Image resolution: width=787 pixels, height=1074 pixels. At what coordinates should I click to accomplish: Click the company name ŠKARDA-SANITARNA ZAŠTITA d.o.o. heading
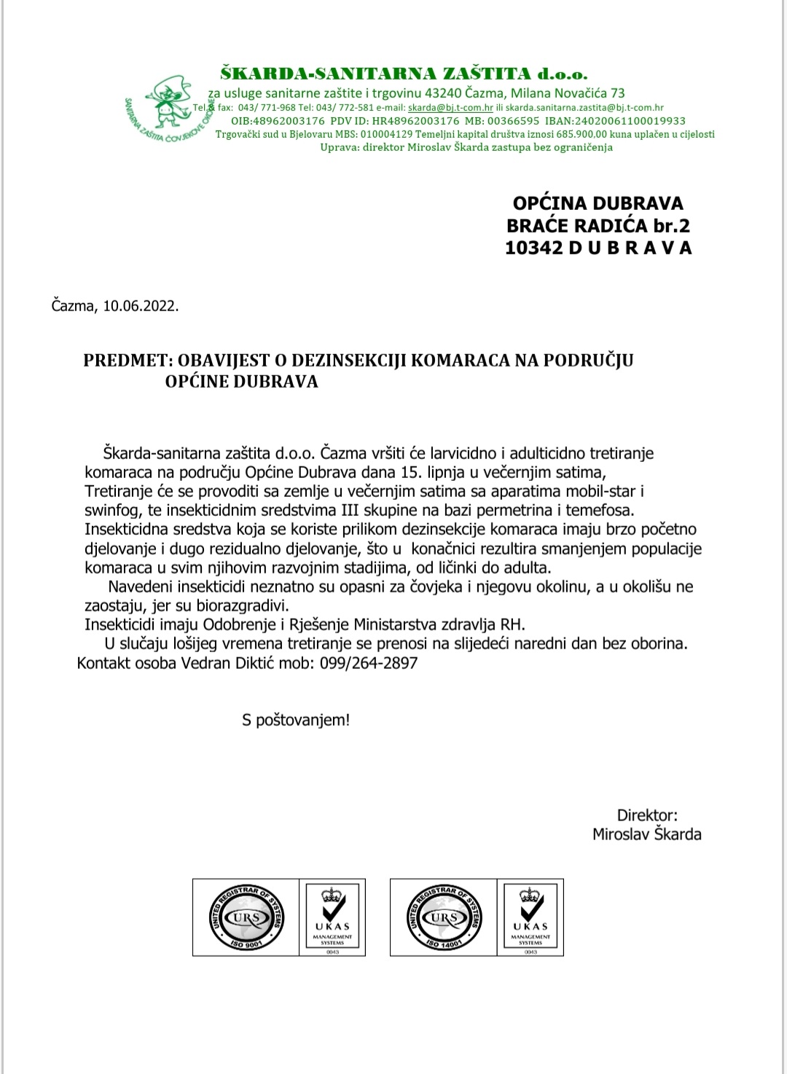pyautogui.click(x=404, y=74)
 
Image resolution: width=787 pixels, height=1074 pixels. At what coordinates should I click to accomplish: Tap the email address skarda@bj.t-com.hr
pyautogui.click(x=450, y=108)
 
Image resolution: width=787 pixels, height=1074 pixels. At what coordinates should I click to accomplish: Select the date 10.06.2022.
pyautogui.click(x=141, y=306)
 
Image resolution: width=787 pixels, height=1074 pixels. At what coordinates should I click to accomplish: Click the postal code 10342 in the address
pyautogui.click(x=534, y=248)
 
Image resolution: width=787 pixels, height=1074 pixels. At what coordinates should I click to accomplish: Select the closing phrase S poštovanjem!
pyautogui.click(x=296, y=721)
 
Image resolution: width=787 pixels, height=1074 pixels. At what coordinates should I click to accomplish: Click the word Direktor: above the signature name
pyautogui.click(x=647, y=815)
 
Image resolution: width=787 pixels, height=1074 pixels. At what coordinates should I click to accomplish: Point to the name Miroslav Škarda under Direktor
pyautogui.click(x=646, y=834)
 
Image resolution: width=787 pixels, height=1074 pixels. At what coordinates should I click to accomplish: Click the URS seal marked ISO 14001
pyautogui.click(x=445, y=917)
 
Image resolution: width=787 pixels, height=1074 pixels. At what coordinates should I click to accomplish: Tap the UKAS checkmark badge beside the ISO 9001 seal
pyautogui.click(x=332, y=917)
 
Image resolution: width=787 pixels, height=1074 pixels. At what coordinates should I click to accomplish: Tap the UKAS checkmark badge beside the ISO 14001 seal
pyautogui.click(x=530, y=917)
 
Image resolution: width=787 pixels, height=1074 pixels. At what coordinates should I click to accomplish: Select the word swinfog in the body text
pyautogui.click(x=113, y=511)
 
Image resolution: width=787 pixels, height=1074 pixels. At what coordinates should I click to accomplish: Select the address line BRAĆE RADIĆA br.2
pyautogui.click(x=598, y=226)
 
